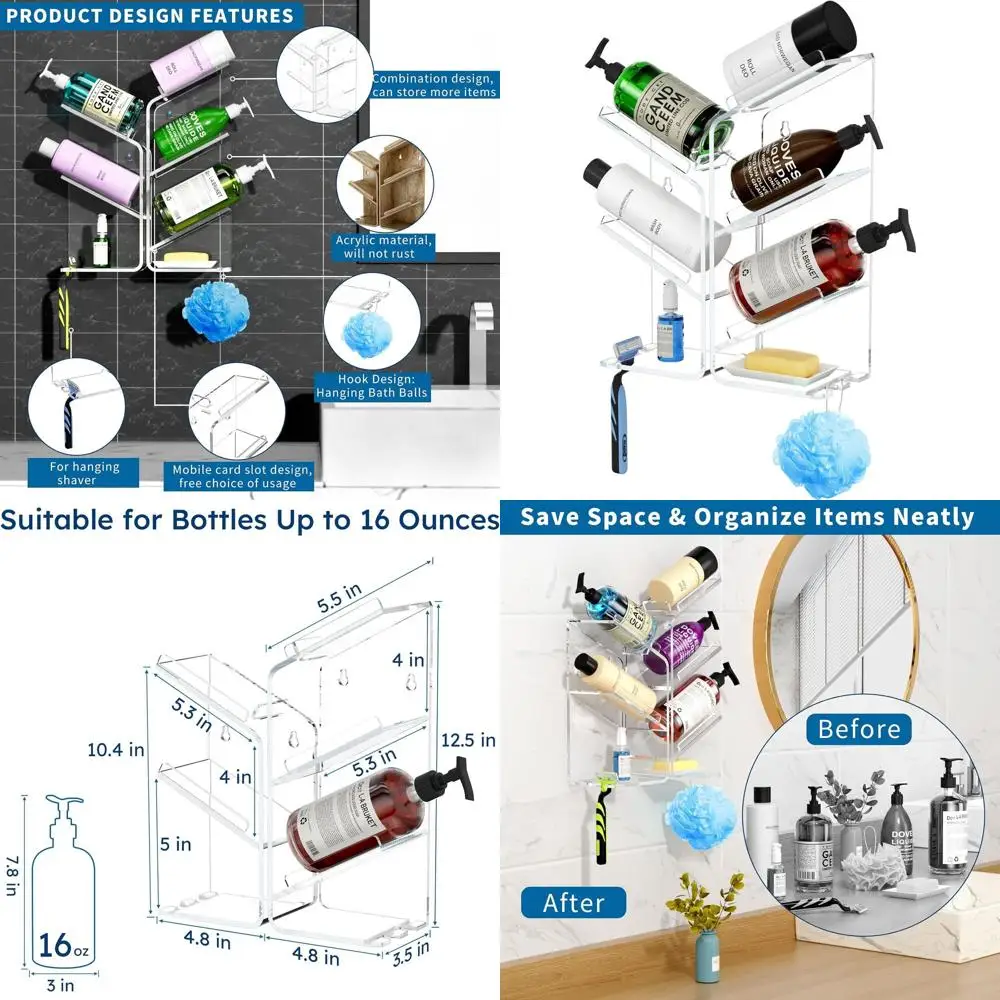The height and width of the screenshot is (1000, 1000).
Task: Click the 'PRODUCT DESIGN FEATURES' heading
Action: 150,16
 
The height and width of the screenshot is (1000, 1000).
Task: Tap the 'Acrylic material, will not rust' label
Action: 383,247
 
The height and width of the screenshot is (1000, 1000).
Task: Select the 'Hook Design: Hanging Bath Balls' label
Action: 372,386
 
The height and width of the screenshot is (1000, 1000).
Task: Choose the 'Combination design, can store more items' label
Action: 433,85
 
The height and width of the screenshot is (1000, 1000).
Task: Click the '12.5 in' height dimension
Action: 468,741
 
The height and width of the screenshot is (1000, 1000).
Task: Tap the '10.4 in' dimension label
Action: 116,749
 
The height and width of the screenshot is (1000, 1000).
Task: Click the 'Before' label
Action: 859,729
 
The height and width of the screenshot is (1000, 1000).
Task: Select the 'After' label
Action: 573,903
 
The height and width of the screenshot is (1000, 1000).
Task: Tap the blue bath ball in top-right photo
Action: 814,451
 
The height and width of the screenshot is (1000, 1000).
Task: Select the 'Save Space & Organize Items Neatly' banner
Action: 747,517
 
